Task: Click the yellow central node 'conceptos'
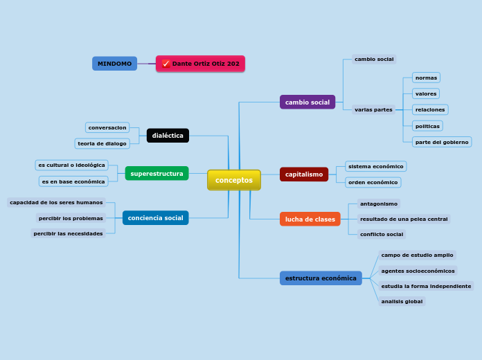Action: pyautogui.click(x=234, y=180)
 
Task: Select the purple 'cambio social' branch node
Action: pyautogui.click(x=307, y=102)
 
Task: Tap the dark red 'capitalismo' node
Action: pyautogui.click(x=304, y=174)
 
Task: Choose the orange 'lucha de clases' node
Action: pyautogui.click(x=310, y=219)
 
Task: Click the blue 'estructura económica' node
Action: pyautogui.click(x=321, y=278)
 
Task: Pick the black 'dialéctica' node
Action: pyautogui.click(x=168, y=136)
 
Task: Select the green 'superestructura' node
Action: pyautogui.click(x=157, y=174)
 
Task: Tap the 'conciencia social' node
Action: pyautogui.click(x=155, y=218)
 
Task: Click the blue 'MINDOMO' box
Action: pyautogui.click(x=114, y=64)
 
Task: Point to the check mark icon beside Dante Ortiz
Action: pyautogui.click(x=166, y=64)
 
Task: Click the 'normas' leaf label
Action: pyautogui.click(x=426, y=78)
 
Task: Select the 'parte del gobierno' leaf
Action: pyautogui.click(x=442, y=142)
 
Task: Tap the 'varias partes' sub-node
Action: pyautogui.click(x=373, y=109)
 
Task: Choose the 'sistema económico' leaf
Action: pyautogui.click(x=375, y=166)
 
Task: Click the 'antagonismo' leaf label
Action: pyautogui.click(x=379, y=204)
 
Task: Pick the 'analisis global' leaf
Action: pyautogui.click(x=402, y=301)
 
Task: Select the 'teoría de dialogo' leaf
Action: pyautogui.click(x=102, y=143)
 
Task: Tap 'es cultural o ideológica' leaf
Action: pyautogui.click(x=71, y=165)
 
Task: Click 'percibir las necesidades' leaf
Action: pyautogui.click(x=68, y=233)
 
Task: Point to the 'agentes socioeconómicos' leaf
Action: pyautogui.click(x=418, y=271)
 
